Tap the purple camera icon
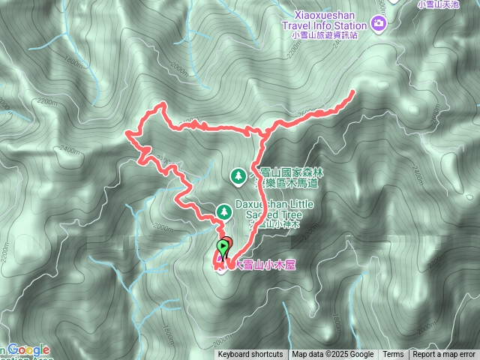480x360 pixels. [x=379, y=22]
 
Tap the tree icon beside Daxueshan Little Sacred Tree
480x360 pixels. [x=222, y=212]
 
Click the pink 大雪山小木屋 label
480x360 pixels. [x=260, y=265]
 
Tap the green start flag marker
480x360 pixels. [x=223, y=247]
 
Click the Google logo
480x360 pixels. [x=29, y=350]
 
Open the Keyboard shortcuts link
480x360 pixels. [x=250, y=355]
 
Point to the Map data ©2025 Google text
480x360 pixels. [x=333, y=355]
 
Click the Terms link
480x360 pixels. [x=393, y=355]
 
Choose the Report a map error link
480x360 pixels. [x=445, y=355]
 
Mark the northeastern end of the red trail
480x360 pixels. [x=352, y=92]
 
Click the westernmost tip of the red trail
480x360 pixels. [x=127, y=135]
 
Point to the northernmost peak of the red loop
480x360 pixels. [x=160, y=104]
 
